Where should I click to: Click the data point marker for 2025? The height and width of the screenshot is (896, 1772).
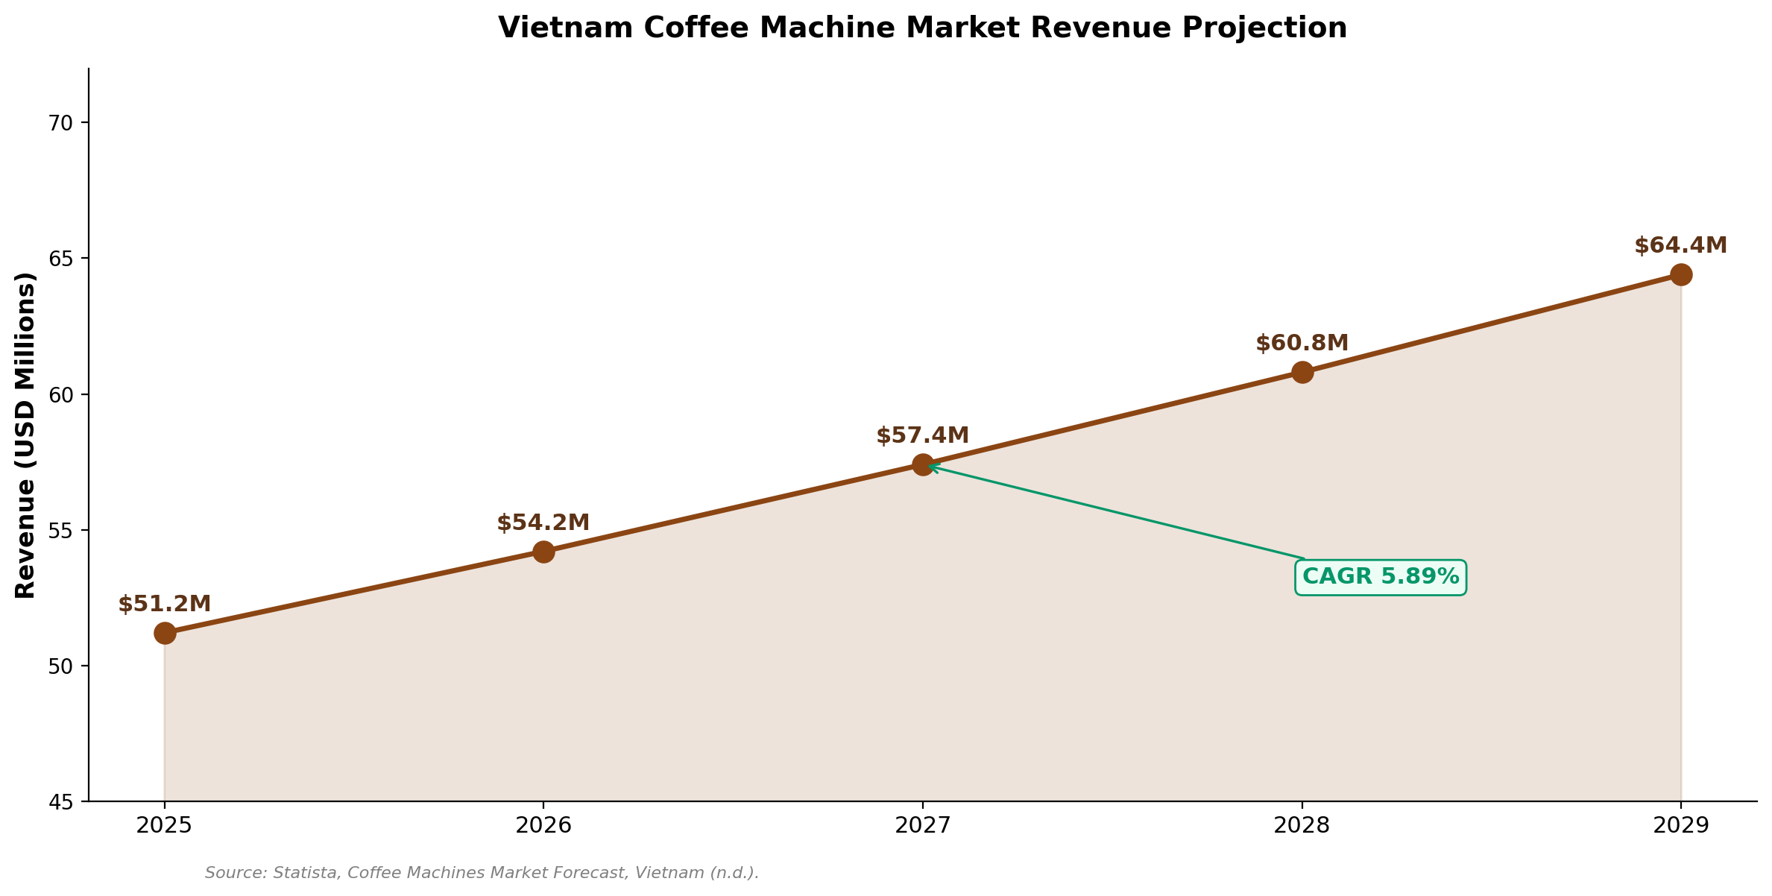165,634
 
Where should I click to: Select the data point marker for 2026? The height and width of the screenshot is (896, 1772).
543,552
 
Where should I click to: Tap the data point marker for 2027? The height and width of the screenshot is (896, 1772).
923,465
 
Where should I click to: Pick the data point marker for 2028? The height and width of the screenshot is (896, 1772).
1302,372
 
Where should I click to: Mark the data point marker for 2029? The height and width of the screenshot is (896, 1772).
1681,275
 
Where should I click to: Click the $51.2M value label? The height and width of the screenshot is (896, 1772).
165,605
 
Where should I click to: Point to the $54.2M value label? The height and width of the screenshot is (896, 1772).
543,523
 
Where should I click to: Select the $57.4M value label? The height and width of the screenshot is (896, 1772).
923,436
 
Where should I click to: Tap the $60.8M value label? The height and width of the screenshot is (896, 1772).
1302,344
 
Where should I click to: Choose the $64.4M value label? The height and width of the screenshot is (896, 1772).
1681,246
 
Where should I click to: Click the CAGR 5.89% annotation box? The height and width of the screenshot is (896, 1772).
1381,577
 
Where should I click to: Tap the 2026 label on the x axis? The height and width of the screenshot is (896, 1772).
543,825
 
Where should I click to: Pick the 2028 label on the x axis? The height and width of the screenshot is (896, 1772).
1302,825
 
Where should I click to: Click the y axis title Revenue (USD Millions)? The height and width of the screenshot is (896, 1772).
25,435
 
